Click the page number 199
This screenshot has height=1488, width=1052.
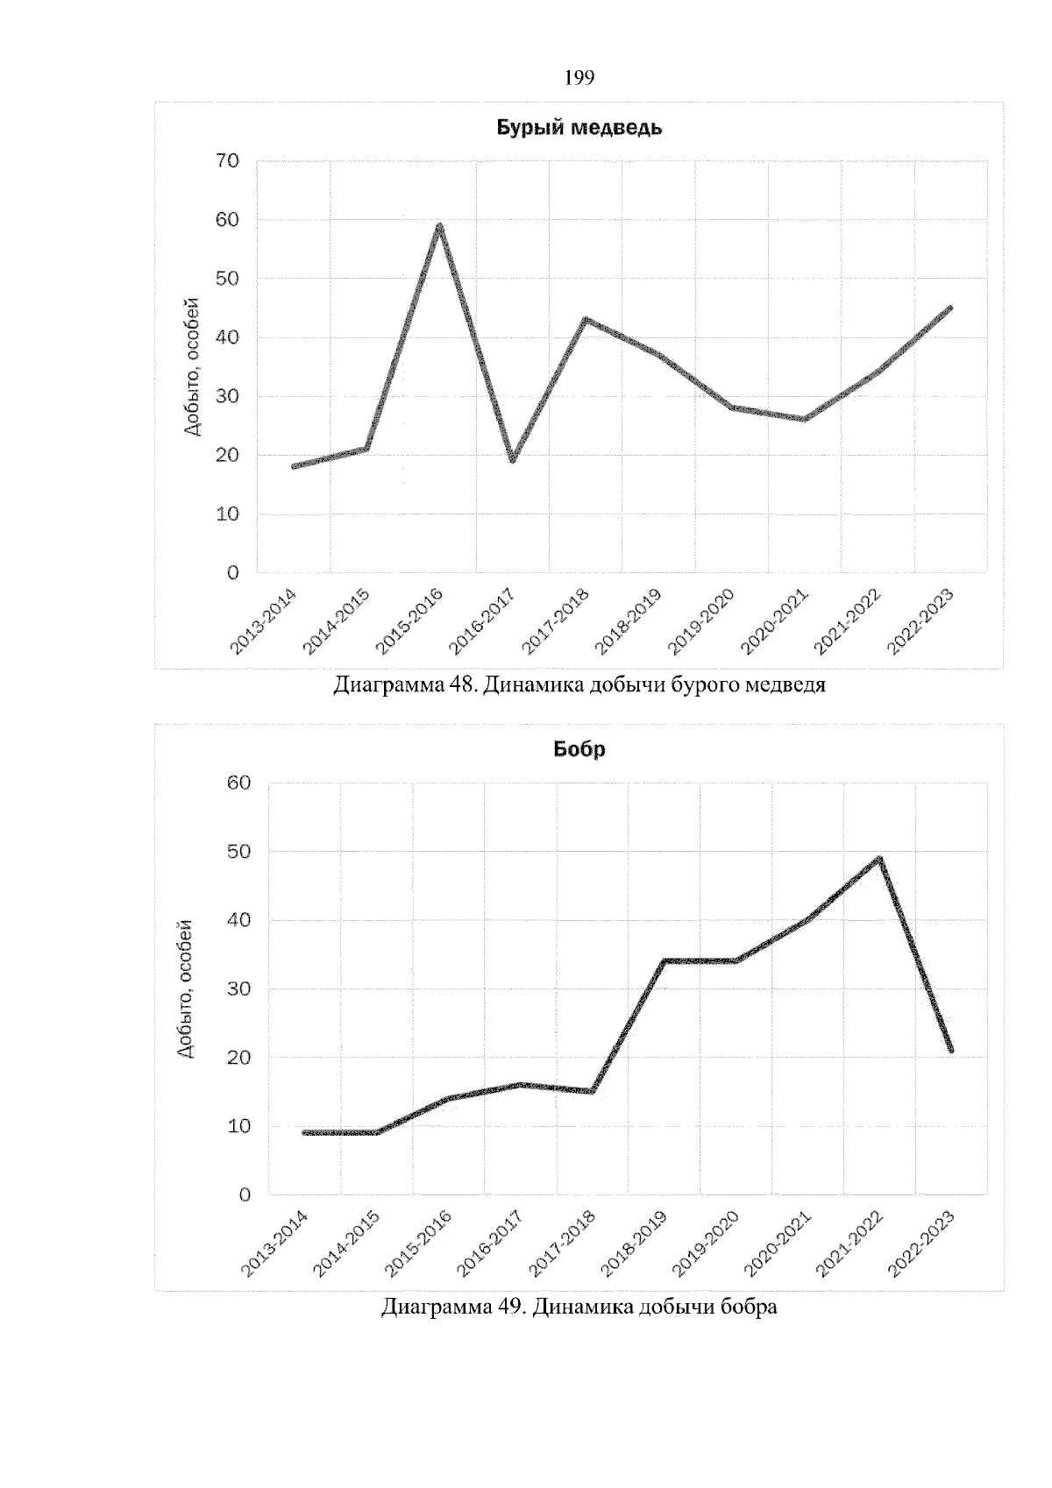[579, 79]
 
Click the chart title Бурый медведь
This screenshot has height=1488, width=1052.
[579, 128]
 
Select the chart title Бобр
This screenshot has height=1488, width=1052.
[579, 750]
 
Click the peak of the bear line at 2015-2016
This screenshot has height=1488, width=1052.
[439, 226]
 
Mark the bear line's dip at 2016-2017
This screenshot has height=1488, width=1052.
[512, 460]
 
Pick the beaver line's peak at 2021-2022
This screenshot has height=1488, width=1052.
[879, 859]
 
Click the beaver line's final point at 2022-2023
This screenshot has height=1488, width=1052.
[951, 1050]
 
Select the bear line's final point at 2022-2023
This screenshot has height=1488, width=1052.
[951, 308]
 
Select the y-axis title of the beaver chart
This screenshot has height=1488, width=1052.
[185, 988]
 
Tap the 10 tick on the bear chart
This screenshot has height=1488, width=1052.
[227, 514]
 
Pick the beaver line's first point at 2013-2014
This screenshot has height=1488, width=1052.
[304, 1132]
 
